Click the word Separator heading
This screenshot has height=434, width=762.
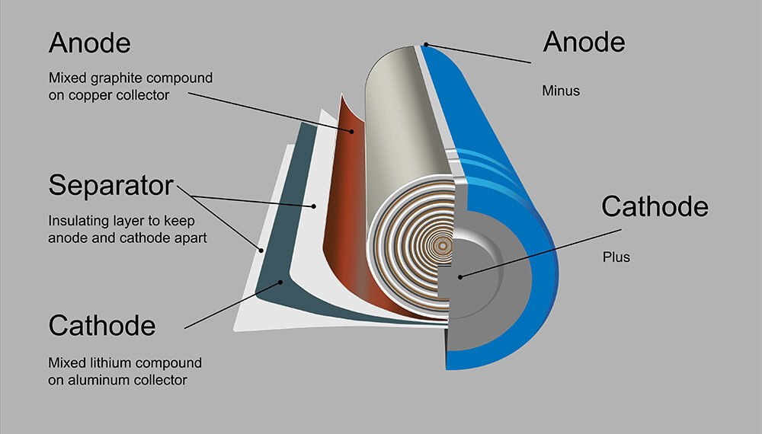tap(111, 185)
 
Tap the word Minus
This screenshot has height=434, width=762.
tap(561, 91)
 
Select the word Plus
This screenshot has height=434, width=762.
tap(616, 257)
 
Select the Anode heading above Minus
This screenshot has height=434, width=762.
tap(584, 42)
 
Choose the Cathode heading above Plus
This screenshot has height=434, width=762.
tap(655, 206)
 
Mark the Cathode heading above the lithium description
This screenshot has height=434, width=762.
tap(102, 326)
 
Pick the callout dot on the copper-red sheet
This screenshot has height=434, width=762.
tap(352, 130)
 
